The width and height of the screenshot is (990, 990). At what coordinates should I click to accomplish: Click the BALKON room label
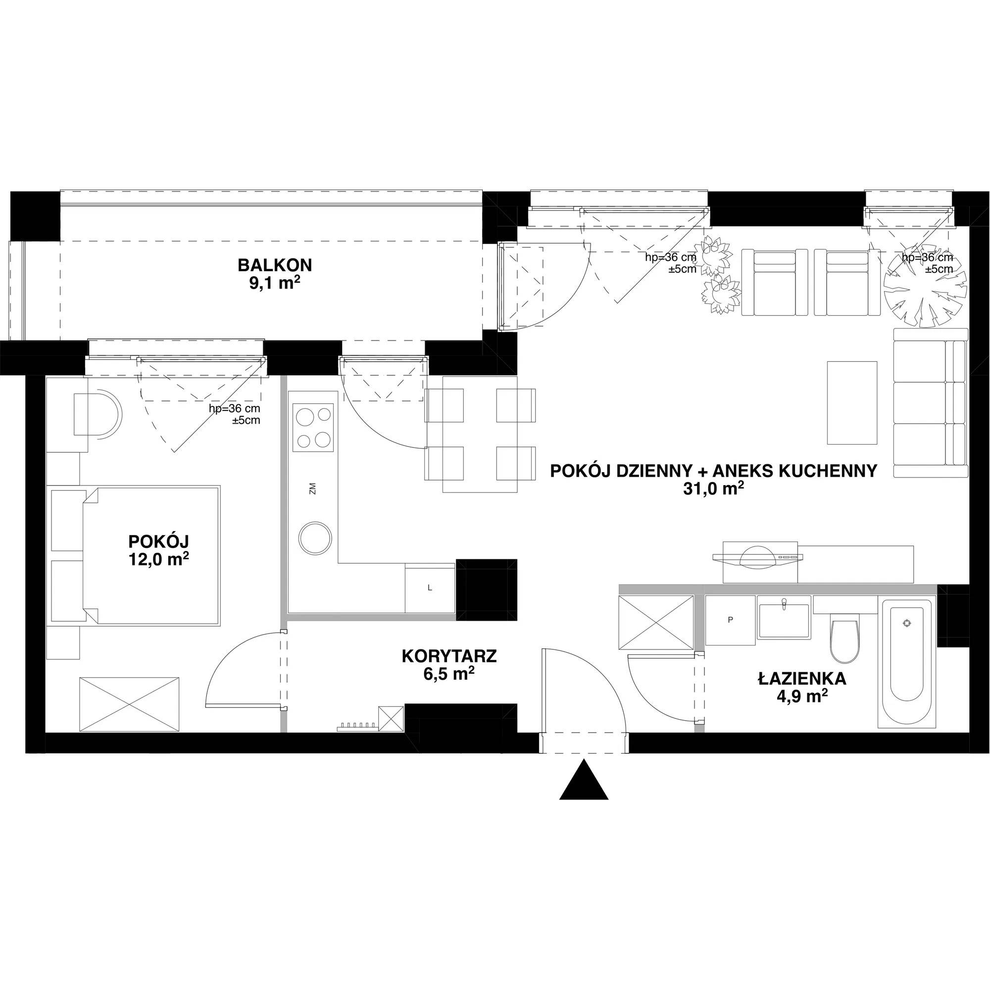[275, 265]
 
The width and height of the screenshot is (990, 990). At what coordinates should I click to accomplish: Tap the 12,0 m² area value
[159, 559]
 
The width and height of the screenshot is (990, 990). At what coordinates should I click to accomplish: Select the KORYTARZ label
[449, 656]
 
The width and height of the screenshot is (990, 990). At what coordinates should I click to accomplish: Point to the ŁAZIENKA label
[802, 679]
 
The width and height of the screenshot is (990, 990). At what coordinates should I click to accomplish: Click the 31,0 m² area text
[713, 490]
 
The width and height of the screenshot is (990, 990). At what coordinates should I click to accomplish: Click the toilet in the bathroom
[844, 640]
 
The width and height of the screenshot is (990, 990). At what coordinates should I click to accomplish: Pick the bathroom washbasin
[783, 621]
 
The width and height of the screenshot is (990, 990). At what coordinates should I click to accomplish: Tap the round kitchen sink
[316, 538]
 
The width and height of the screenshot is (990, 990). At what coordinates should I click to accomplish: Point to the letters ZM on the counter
[312, 489]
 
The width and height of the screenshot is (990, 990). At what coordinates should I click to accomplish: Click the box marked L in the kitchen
[430, 588]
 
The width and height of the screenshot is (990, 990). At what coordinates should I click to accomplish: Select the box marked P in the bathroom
[730, 620]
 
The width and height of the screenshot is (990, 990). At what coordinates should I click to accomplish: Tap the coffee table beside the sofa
[852, 402]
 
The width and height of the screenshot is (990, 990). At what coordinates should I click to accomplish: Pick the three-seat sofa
[929, 402]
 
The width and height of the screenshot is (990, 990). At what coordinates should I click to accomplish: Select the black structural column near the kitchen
[486, 590]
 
